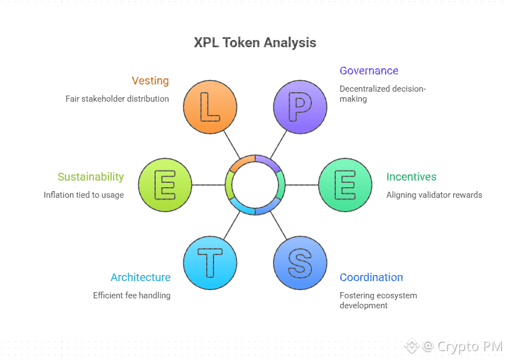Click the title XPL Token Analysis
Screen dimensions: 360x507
click(255, 43)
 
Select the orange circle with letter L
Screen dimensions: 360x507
click(210, 107)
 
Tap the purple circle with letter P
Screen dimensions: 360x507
click(300, 107)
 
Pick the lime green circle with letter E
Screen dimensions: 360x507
click(165, 185)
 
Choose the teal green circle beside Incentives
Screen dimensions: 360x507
click(345, 185)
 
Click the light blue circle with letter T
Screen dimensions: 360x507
click(210, 263)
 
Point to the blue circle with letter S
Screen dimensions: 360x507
click(300, 263)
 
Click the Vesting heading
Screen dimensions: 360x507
click(150, 81)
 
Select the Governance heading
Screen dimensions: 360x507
click(369, 71)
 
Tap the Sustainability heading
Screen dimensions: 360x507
click(91, 177)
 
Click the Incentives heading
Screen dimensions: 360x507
click(411, 177)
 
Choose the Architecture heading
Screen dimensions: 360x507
click(140, 277)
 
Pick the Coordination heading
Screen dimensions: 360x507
click(371, 277)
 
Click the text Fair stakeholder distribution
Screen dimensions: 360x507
click(117, 98)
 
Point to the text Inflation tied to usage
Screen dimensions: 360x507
click(84, 195)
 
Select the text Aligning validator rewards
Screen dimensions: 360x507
click(434, 195)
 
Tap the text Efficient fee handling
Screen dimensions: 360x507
click(132, 296)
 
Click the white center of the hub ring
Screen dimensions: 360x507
click(255, 185)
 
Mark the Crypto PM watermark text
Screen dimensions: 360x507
click(469, 347)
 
